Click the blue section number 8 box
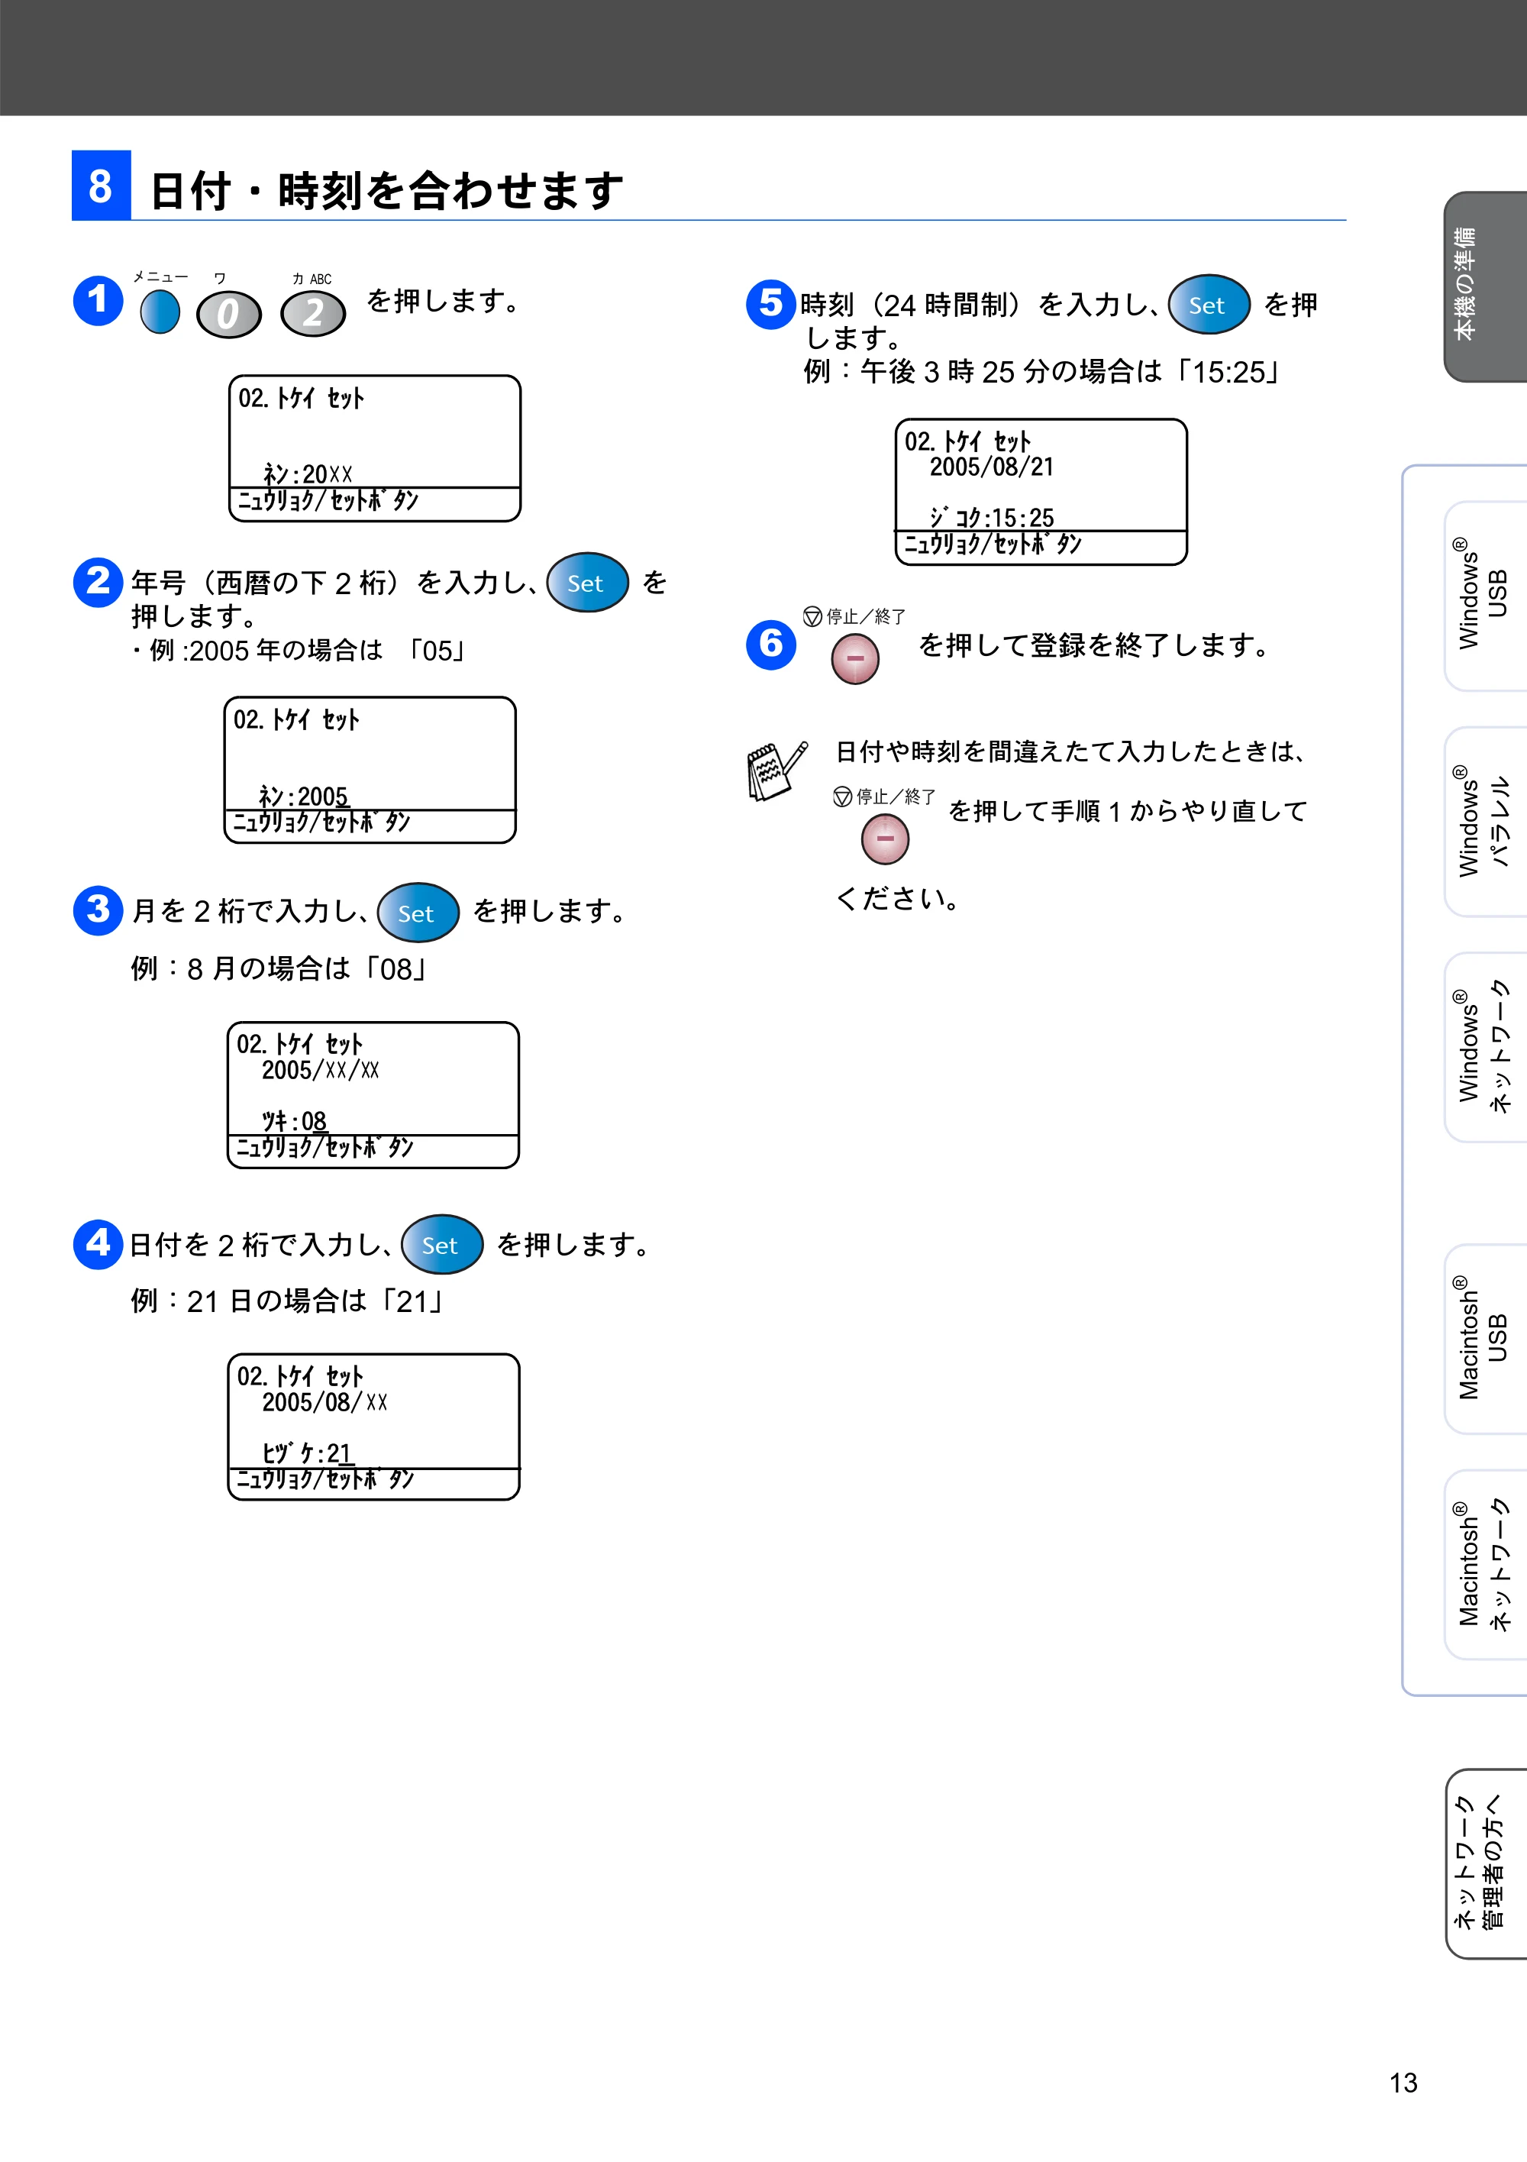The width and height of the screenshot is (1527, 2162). (x=101, y=185)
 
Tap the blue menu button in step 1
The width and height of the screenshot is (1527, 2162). (x=160, y=312)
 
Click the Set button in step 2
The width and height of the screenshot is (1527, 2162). (x=587, y=582)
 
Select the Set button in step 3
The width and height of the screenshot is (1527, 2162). (x=418, y=912)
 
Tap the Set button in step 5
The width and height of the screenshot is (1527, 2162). (x=1209, y=304)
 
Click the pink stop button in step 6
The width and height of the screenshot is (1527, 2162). (x=855, y=658)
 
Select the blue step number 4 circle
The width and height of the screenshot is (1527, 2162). (x=98, y=1244)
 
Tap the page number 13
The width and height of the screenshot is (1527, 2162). (x=1403, y=2082)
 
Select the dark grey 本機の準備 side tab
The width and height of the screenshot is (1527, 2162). (x=1486, y=286)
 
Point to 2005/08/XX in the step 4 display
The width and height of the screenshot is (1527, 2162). (x=324, y=1402)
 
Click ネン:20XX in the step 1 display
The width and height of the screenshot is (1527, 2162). (x=307, y=473)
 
